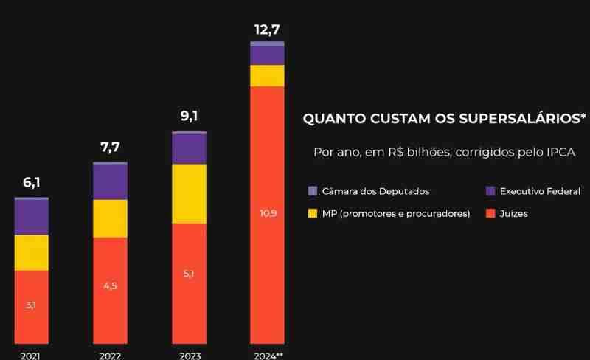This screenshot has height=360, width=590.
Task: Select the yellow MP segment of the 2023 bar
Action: [x=189, y=193]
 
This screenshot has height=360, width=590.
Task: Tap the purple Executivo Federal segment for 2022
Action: [x=110, y=181]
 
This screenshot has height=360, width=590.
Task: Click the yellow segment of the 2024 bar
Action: [x=267, y=75]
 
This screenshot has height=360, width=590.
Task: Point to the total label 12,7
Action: [x=267, y=30]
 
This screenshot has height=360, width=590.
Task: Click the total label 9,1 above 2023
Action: [x=189, y=116]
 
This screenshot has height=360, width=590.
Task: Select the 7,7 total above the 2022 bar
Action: [x=110, y=147]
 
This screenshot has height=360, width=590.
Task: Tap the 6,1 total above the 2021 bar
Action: [x=32, y=182]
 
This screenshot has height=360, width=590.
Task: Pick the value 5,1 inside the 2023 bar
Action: [x=189, y=274]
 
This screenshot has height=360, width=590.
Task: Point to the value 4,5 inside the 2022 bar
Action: [x=110, y=286]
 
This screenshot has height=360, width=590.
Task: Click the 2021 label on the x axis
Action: [x=32, y=355]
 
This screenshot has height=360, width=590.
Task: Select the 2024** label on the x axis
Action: [x=267, y=355]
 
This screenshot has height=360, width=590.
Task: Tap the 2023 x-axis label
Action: [x=189, y=355]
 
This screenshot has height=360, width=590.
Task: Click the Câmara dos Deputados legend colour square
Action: [x=313, y=191]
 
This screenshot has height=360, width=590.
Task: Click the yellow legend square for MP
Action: [x=313, y=214]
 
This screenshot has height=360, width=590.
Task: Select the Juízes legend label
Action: [x=514, y=214]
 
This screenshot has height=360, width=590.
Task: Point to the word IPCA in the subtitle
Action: [x=558, y=153]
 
